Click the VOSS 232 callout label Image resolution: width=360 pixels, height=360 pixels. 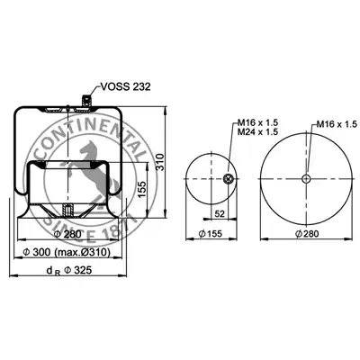(x=125, y=86)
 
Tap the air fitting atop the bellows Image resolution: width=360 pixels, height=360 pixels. (x=86, y=100)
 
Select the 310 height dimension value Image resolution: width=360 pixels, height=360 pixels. (x=160, y=162)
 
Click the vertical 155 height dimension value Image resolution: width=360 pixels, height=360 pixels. (x=142, y=189)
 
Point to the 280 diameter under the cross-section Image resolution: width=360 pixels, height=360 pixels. (x=67, y=234)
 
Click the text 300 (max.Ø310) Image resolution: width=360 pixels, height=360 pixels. (x=67, y=252)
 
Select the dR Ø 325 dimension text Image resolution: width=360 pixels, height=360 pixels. (x=69, y=271)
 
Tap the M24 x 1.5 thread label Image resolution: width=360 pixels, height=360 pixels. (x=258, y=131)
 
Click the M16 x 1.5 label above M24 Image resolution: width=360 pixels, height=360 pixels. (x=258, y=122)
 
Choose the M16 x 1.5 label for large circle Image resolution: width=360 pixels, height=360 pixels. (x=337, y=124)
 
